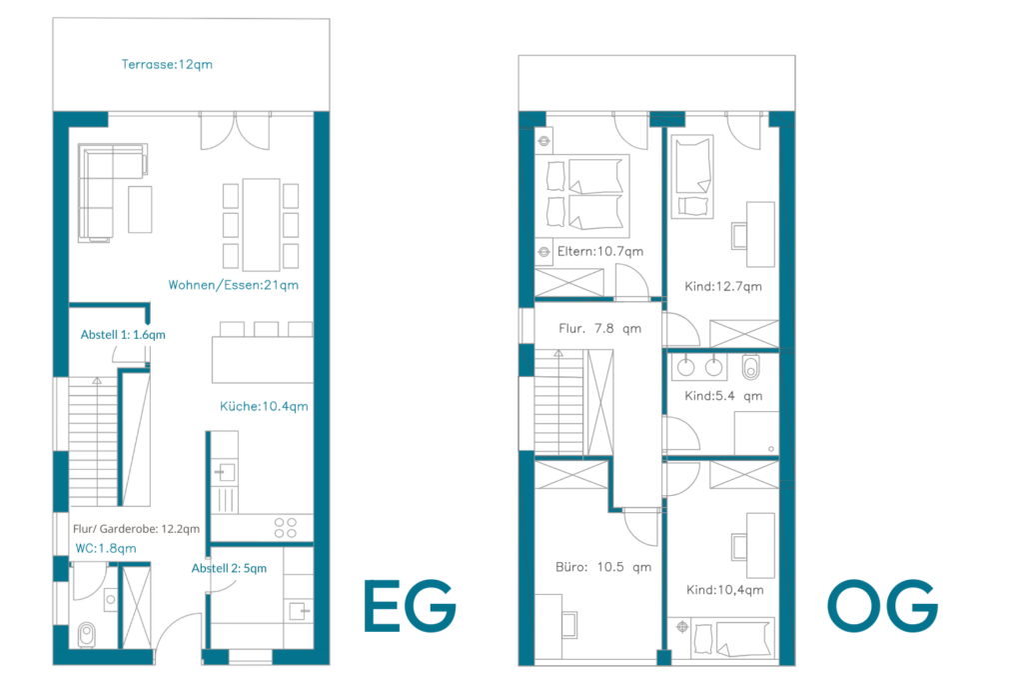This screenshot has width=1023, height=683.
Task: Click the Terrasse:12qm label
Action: tap(167, 64)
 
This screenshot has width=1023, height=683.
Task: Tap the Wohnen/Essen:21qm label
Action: tap(234, 285)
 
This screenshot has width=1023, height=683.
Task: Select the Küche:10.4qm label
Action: tap(264, 406)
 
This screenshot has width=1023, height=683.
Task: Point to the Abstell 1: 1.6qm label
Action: tap(123, 334)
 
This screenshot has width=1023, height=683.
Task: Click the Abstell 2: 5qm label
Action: tap(229, 568)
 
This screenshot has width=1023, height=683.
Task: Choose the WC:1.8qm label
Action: tap(106, 548)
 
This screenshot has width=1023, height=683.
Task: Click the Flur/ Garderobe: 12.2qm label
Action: tap(136, 529)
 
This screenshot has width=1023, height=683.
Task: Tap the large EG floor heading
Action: tap(410, 606)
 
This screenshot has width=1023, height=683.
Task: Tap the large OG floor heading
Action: tap(883, 606)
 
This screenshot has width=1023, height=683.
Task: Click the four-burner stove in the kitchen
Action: tap(285, 528)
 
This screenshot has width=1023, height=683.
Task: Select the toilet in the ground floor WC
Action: tap(87, 634)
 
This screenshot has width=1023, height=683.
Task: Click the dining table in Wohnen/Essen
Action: tap(261, 225)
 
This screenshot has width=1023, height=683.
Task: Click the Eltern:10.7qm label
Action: tap(600, 251)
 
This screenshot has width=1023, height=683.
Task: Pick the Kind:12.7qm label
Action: tap(723, 286)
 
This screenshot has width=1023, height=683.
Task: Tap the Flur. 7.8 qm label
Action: tap(599, 328)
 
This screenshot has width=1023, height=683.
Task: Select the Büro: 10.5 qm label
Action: tap(603, 567)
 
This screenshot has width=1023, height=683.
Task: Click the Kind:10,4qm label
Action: tap(725, 590)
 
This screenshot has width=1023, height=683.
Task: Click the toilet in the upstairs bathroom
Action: tap(751, 367)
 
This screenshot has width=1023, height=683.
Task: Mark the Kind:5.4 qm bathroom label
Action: tap(723, 396)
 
